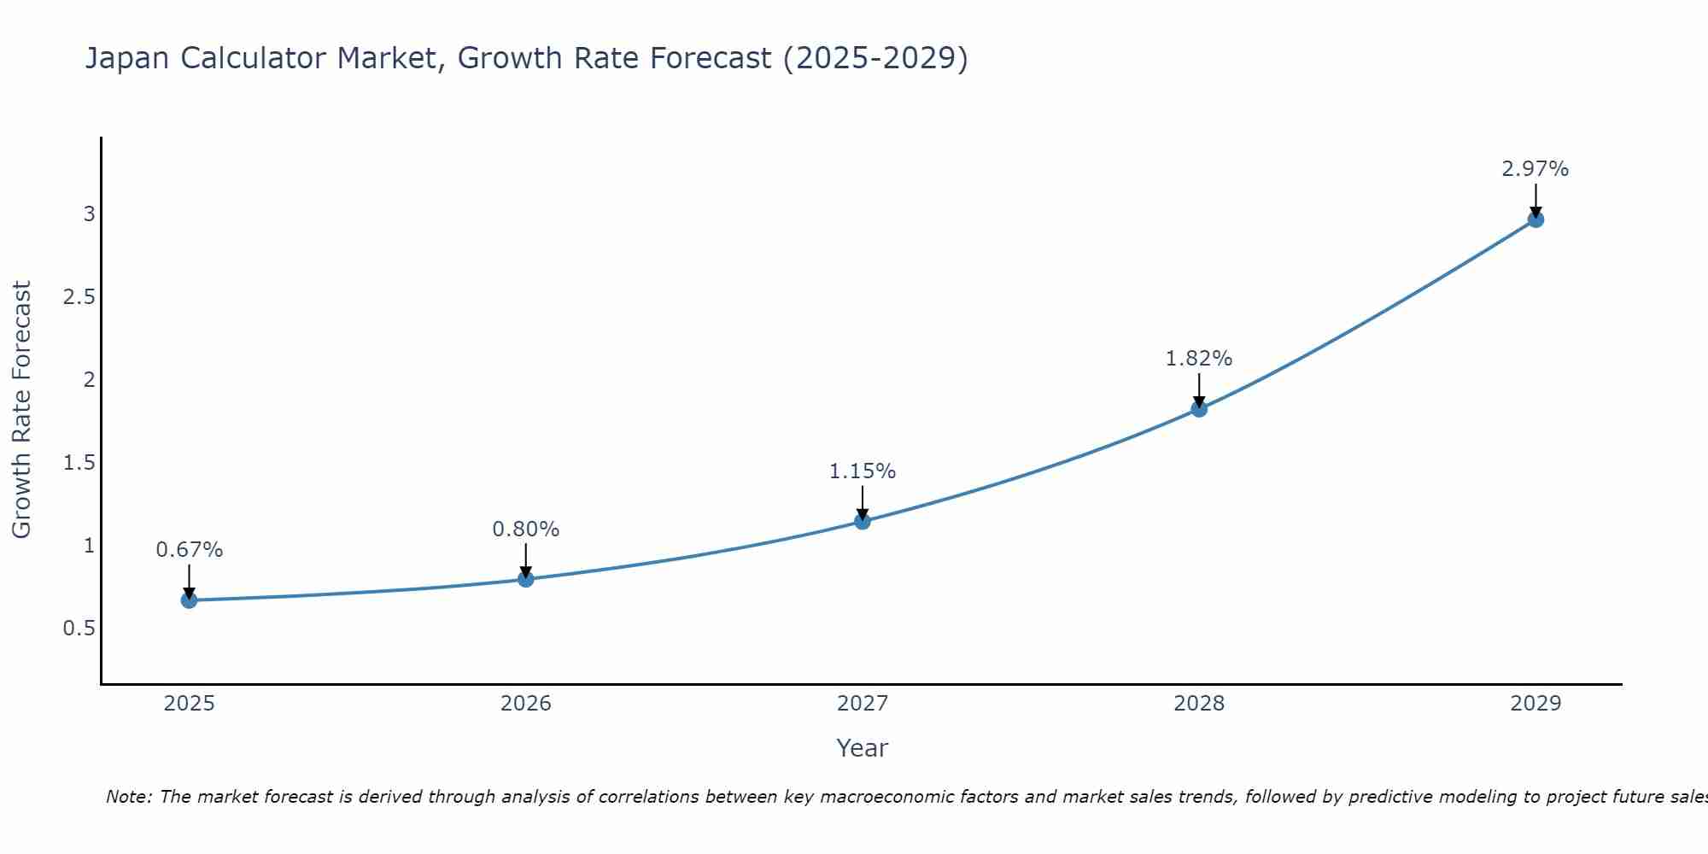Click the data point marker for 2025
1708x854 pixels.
tap(189, 600)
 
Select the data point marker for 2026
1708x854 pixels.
tap(526, 579)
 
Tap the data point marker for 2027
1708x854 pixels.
tap(863, 521)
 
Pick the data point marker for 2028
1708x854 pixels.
tap(1199, 409)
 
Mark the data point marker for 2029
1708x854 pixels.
tap(1535, 219)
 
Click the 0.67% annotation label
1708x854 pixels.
tap(189, 550)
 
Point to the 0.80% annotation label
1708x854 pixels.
tap(526, 529)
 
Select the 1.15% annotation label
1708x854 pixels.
tap(863, 471)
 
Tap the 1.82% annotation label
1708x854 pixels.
tap(1199, 359)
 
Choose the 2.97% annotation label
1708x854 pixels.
tap(1535, 169)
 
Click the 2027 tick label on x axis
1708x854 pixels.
tap(863, 704)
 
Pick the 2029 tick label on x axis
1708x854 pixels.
tap(1535, 704)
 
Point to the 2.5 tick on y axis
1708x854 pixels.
tap(79, 297)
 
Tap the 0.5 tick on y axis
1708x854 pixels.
tap(79, 629)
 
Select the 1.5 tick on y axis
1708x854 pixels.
tap(79, 463)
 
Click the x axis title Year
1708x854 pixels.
tap(863, 748)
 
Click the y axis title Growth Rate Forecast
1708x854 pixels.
tap(21, 410)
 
